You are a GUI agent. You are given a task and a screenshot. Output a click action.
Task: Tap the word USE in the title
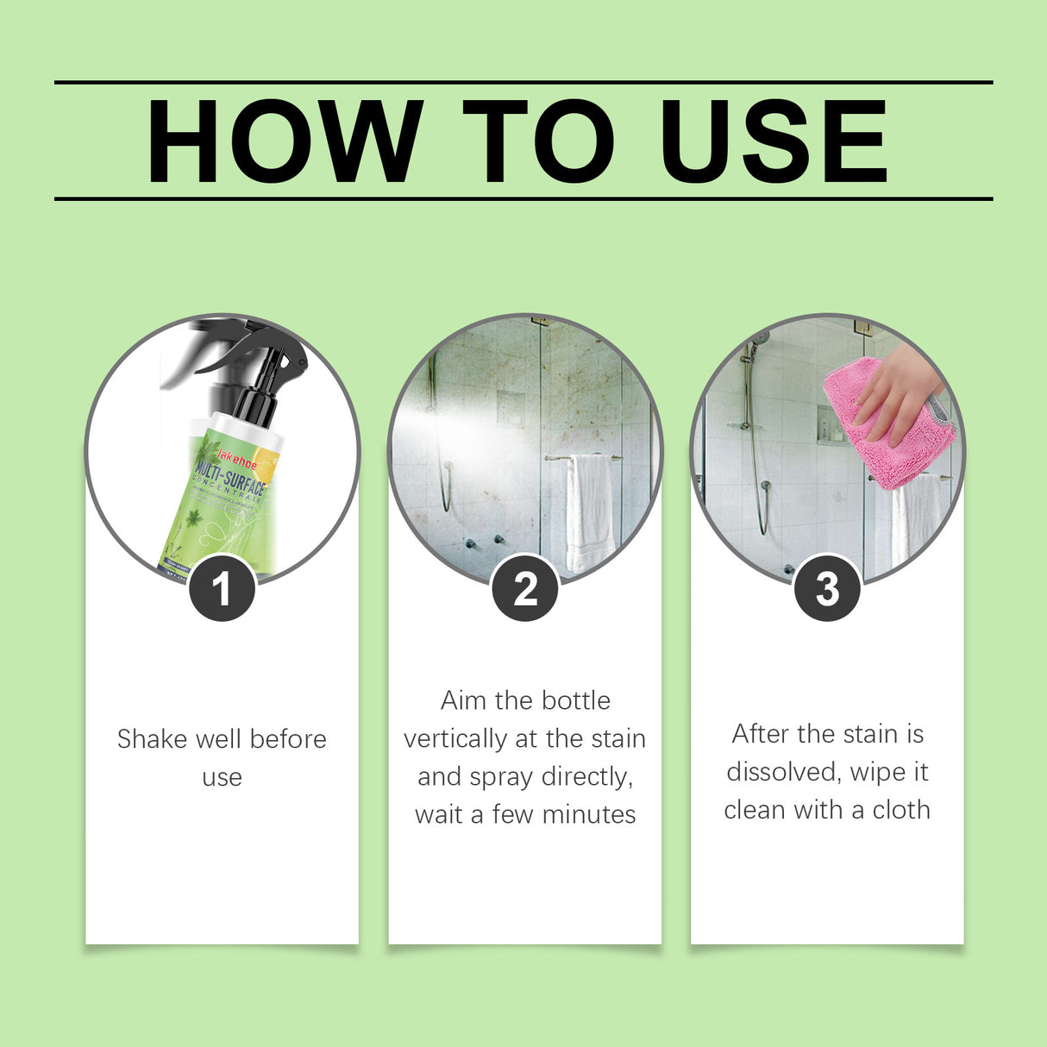click(x=774, y=141)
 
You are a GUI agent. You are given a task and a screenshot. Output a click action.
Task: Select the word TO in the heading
click(x=538, y=141)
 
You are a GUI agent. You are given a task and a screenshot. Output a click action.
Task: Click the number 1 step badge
click(x=222, y=589)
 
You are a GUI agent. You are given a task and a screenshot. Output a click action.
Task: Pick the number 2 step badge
click(x=525, y=589)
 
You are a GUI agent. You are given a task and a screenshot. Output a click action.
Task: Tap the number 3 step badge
click(x=827, y=589)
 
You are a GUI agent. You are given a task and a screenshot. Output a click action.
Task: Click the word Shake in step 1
click(x=153, y=739)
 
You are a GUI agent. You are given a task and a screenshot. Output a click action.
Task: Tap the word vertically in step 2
click(x=455, y=739)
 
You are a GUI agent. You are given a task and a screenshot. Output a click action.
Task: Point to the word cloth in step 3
click(x=901, y=810)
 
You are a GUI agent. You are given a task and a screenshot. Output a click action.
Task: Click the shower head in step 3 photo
click(x=759, y=339)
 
